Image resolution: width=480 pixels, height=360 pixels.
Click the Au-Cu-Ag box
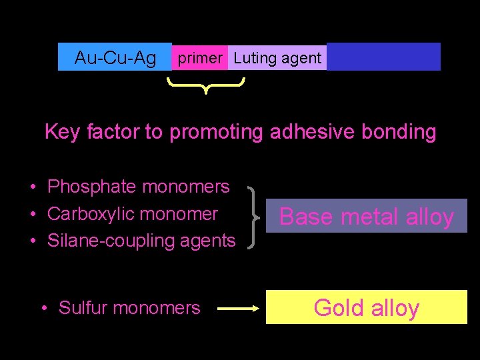coord(115,58)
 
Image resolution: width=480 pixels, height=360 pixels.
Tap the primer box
coord(199,58)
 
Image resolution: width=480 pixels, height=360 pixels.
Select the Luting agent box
coord(277,58)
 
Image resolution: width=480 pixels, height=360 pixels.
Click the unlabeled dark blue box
coord(383,57)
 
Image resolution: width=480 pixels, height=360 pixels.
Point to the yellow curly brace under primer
coord(206,85)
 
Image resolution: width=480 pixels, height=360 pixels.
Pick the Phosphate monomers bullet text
coord(139,187)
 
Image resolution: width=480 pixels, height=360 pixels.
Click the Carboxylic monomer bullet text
coord(133,214)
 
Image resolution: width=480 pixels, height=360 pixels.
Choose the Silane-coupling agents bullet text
coord(141,241)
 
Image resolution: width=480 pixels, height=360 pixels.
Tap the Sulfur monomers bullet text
coord(129,308)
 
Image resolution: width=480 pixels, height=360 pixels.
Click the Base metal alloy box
coord(366,216)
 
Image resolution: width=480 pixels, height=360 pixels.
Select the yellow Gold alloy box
coord(366,307)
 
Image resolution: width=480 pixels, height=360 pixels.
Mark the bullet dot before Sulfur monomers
coord(43,308)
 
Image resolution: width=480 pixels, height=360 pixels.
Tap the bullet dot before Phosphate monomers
coord(33,187)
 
